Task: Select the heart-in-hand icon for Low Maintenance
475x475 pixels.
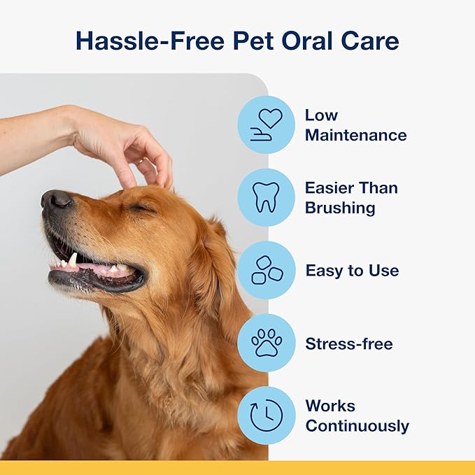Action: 266,125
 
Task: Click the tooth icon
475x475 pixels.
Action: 266,197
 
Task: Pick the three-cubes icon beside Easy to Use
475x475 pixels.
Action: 266,270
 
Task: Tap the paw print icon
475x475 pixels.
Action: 266,343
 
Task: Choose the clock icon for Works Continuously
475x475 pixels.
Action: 266,416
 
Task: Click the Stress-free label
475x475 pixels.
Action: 349,343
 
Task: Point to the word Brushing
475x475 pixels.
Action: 340,208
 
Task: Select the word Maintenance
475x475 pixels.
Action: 355,135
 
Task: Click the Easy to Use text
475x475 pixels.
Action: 352,271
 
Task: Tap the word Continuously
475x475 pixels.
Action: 357,426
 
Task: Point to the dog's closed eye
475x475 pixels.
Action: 142,207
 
